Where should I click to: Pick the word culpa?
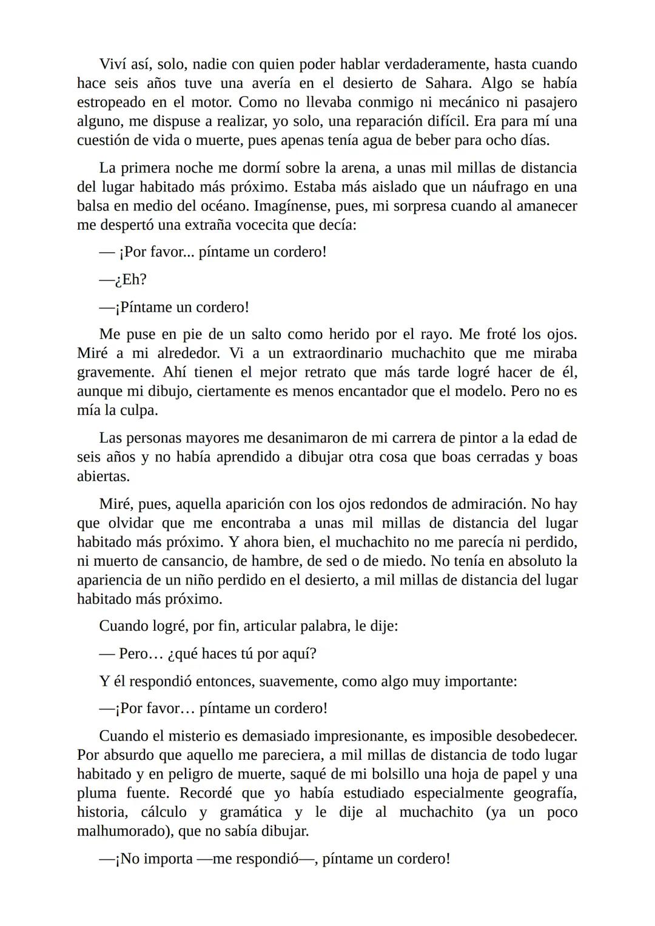pyautogui.click(x=138, y=410)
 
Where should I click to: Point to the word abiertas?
pyautogui.click(x=103, y=476)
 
